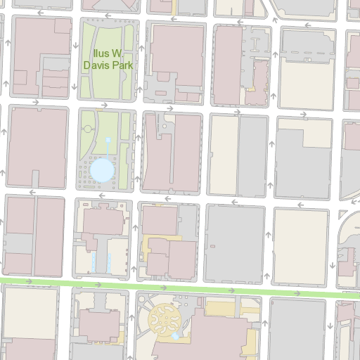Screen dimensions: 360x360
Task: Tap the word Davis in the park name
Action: point(96,64)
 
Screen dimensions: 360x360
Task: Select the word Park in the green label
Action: point(121,64)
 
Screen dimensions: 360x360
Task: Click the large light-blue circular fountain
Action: point(101,170)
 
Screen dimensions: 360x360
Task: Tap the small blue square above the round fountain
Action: point(108,141)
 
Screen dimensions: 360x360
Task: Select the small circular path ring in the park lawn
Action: point(87,129)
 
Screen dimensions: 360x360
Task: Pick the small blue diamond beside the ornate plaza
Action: point(175,337)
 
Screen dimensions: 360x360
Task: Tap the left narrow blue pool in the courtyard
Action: point(94,262)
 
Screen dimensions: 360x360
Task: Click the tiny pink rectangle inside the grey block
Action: point(161,92)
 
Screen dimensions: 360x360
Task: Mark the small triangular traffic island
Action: point(342,214)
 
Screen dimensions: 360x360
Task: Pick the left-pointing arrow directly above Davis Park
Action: point(107,13)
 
